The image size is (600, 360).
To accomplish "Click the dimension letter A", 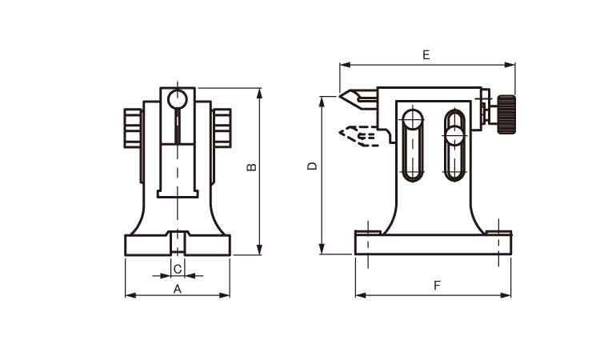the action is coord(177,290).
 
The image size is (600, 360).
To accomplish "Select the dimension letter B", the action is coord(251,167).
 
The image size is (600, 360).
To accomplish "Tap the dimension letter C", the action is coord(178,270).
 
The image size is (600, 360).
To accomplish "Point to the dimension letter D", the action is coord(313,166).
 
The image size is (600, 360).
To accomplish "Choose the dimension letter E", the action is coord(426,55).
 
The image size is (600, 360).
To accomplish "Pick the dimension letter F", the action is coord(438,286).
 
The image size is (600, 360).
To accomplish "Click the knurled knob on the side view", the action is coord(506,114).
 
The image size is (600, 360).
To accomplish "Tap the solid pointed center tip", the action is coord(358,98).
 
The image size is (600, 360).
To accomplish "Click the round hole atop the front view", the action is coord(178,98).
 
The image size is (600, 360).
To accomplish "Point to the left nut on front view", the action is coord(133,128).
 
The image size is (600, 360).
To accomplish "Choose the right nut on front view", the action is coord(222,128).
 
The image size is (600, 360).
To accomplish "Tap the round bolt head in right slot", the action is coord(454,135).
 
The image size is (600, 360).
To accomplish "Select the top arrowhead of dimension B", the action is coord(259,93).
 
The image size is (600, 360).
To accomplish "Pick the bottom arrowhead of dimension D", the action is coord(322,249).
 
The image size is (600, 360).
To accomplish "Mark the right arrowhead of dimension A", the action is coord(224,295).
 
